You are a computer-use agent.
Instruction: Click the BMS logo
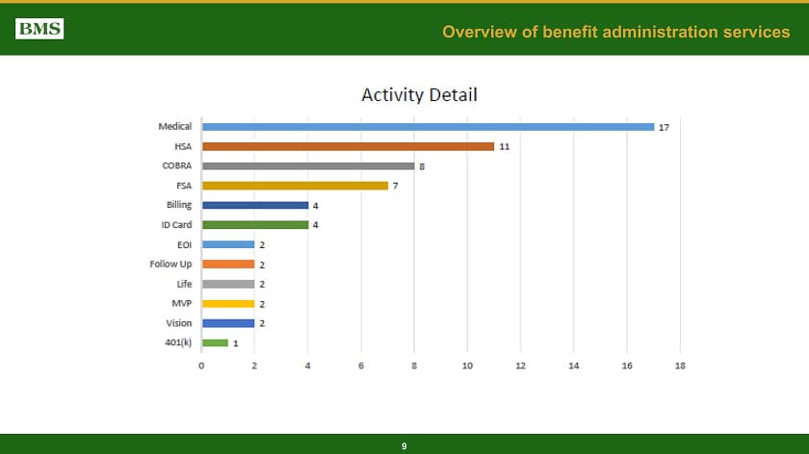pyautogui.click(x=39, y=29)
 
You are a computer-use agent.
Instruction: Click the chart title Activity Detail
pyautogui.click(x=419, y=94)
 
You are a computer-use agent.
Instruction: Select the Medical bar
pyautogui.click(x=428, y=127)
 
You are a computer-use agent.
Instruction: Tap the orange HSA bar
pyautogui.click(x=348, y=146)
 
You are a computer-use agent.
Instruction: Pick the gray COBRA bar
pyautogui.click(x=308, y=165)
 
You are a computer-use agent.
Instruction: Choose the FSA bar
pyautogui.click(x=295, y=186)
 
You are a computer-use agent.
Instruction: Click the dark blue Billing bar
pyautogui.click(x=255, y=205)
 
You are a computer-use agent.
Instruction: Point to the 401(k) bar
pyautogui.click(x=215, y=342)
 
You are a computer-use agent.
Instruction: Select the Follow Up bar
pyautogui.click(x=228, y=264)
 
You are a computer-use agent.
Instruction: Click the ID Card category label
pyautogui.click(x=176, y=225)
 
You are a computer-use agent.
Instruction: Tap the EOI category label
pyautogui.click(x=183, y=244)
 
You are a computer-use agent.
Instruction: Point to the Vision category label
pyautogui.click(x=178, y=323)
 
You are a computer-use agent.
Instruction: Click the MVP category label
pyautogui.click(x=181, y=303)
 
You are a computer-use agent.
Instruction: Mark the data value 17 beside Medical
pyautogui.click(x=664, y=127)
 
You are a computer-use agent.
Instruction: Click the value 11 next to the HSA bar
pyautogui.click(x=504, y=146)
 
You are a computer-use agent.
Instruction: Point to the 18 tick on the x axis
pyautogui.click(x=680, y=366)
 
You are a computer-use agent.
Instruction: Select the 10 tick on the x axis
pyautogui.click(x=467, y=366)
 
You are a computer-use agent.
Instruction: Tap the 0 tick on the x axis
pyautogui.click(x=202, y=366)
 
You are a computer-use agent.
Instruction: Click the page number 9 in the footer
pyautogui.click(x=404, y=446)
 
